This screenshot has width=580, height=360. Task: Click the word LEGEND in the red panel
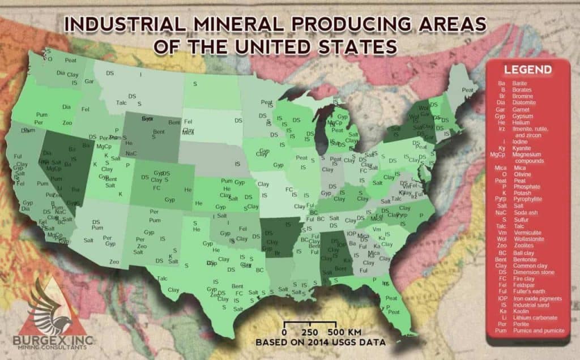(x=528, y=70)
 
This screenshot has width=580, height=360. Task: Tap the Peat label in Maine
(x=468, y=90)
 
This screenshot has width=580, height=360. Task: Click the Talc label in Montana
(x=121, y=102)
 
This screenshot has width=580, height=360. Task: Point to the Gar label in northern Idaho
(x=89, y=81)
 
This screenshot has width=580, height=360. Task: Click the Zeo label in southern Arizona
(x=114, y=262)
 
